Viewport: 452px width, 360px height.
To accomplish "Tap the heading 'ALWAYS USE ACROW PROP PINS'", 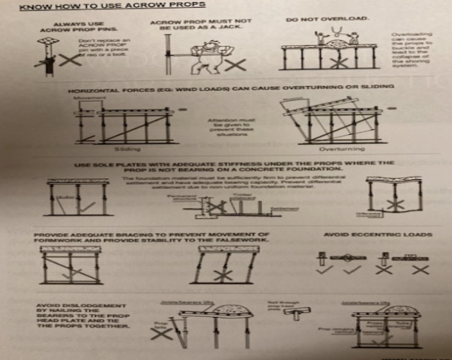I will (x=66, y=28).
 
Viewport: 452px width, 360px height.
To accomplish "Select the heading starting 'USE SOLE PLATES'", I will (x=233, y=167).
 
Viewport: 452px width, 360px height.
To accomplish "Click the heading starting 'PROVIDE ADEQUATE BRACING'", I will (x=151, y=238).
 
